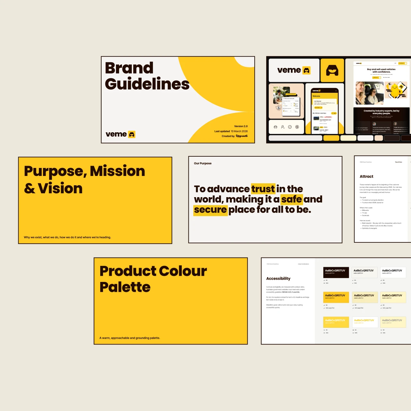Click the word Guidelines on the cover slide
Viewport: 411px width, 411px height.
pos(147,84)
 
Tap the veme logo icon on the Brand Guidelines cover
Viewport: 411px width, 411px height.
pos(132,135)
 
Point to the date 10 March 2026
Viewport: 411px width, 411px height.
pos(239,131)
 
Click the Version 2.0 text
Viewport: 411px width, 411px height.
pos(241,126)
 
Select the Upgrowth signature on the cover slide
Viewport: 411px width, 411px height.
pos(241,136)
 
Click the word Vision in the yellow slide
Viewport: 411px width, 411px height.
pos(60,188)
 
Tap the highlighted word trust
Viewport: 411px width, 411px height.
pos(263,189)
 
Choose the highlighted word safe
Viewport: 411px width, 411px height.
pos(292,199)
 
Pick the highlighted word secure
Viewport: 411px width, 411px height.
pos(210,210)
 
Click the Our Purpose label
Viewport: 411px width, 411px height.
pos(203,163)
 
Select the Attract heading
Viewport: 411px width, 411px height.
pos(366,177)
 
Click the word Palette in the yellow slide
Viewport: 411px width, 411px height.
pos(125,287)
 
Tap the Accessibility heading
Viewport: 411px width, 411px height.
pos(278,279)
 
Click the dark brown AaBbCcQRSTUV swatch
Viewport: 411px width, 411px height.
pos(336,272)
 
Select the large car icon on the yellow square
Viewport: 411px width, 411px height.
pos(332,70)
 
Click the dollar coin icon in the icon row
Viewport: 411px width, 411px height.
pos(297,127)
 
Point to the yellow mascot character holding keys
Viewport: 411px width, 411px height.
pos(395,90)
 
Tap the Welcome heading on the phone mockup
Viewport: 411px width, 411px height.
pos(316,96)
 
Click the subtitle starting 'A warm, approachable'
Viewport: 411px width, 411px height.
pos(130,338)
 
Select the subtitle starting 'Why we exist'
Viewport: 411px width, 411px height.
pos(67,238)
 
